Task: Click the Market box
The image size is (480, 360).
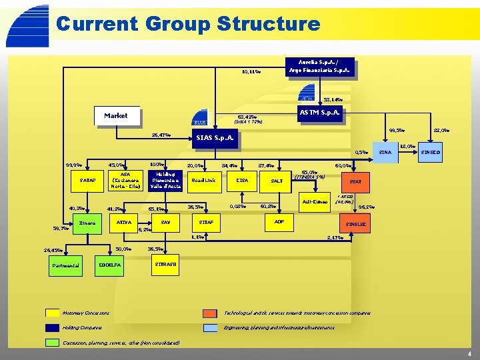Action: click(116, 115)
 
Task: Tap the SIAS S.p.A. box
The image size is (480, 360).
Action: click(213, 140)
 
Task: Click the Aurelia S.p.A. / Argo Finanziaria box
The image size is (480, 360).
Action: click(318, 67)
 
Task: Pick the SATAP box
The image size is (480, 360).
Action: click(88, 180)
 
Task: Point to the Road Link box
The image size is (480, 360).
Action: click(203, 180)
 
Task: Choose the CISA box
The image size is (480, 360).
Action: click(243, 180)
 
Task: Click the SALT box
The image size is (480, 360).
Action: click(277, 181)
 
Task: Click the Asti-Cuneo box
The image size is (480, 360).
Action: click(315, 201)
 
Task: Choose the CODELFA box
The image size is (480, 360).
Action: click(109, 265)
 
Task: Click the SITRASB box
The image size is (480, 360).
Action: click(166, 265)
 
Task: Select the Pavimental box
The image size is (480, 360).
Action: click(65, 265)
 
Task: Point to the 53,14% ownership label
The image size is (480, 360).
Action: click(333, 99)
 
